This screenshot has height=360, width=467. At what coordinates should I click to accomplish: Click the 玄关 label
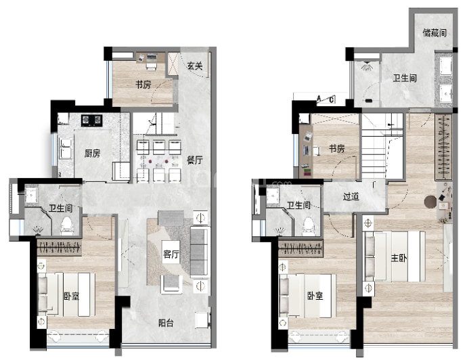(x=195, y=66)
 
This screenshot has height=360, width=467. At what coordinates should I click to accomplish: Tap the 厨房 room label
(x=92, y=154)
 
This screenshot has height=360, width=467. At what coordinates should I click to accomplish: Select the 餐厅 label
(x=195, y=160)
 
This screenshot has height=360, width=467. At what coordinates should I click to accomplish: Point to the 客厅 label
(x=171, y=254)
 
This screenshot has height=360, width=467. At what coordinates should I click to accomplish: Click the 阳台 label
(x=166, y=323)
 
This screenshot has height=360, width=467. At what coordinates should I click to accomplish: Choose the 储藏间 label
(x=435, y=32)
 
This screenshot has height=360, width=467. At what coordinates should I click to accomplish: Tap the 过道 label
(x=351, y=196)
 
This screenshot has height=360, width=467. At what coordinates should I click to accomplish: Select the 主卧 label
(x=399, y=258)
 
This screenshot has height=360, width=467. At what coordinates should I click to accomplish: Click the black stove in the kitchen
(x=92, y=120)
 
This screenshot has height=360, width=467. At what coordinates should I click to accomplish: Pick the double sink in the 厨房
(x=66, y=148)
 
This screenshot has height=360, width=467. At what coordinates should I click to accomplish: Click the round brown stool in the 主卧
(x=430, y=201)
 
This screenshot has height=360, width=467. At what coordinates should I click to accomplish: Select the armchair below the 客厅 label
(x=172, y=284)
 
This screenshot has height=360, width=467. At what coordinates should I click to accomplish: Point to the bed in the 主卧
(x=395, y=256)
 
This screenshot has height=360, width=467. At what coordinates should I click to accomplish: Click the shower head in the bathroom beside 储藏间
(x=367, y=66)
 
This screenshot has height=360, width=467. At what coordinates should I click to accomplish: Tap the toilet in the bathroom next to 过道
(x=309, y=227)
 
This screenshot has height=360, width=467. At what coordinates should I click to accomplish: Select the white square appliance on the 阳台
(x=202, y=320)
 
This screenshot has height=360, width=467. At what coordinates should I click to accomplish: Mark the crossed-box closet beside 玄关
(x=173, y=64)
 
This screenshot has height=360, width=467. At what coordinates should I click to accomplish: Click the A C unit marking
(x=326, y=99)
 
